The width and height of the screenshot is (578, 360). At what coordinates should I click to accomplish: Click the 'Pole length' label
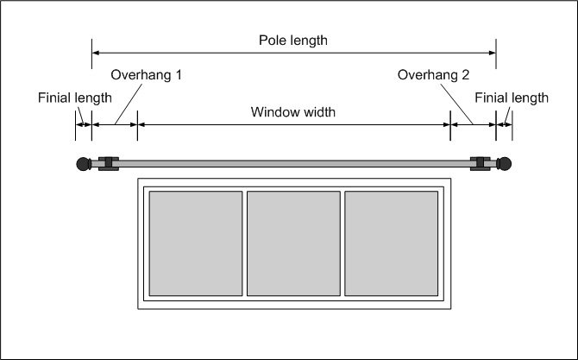click(x=293, y=41)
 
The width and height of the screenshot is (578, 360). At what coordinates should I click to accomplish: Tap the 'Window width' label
click(x=293, y=112)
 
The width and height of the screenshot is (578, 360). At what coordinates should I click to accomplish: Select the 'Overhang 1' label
click(x=147, y=75)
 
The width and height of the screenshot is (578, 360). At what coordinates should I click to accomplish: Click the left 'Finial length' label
click(x=74, y=98)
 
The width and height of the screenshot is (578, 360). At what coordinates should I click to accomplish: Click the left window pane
click(x=196, y=243)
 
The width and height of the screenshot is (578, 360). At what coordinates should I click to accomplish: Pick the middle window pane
click(x=293, y=243)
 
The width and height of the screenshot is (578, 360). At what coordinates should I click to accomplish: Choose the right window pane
click(x=391, y=243)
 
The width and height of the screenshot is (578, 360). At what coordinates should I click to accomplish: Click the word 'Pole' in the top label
click(x=273, y=41)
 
